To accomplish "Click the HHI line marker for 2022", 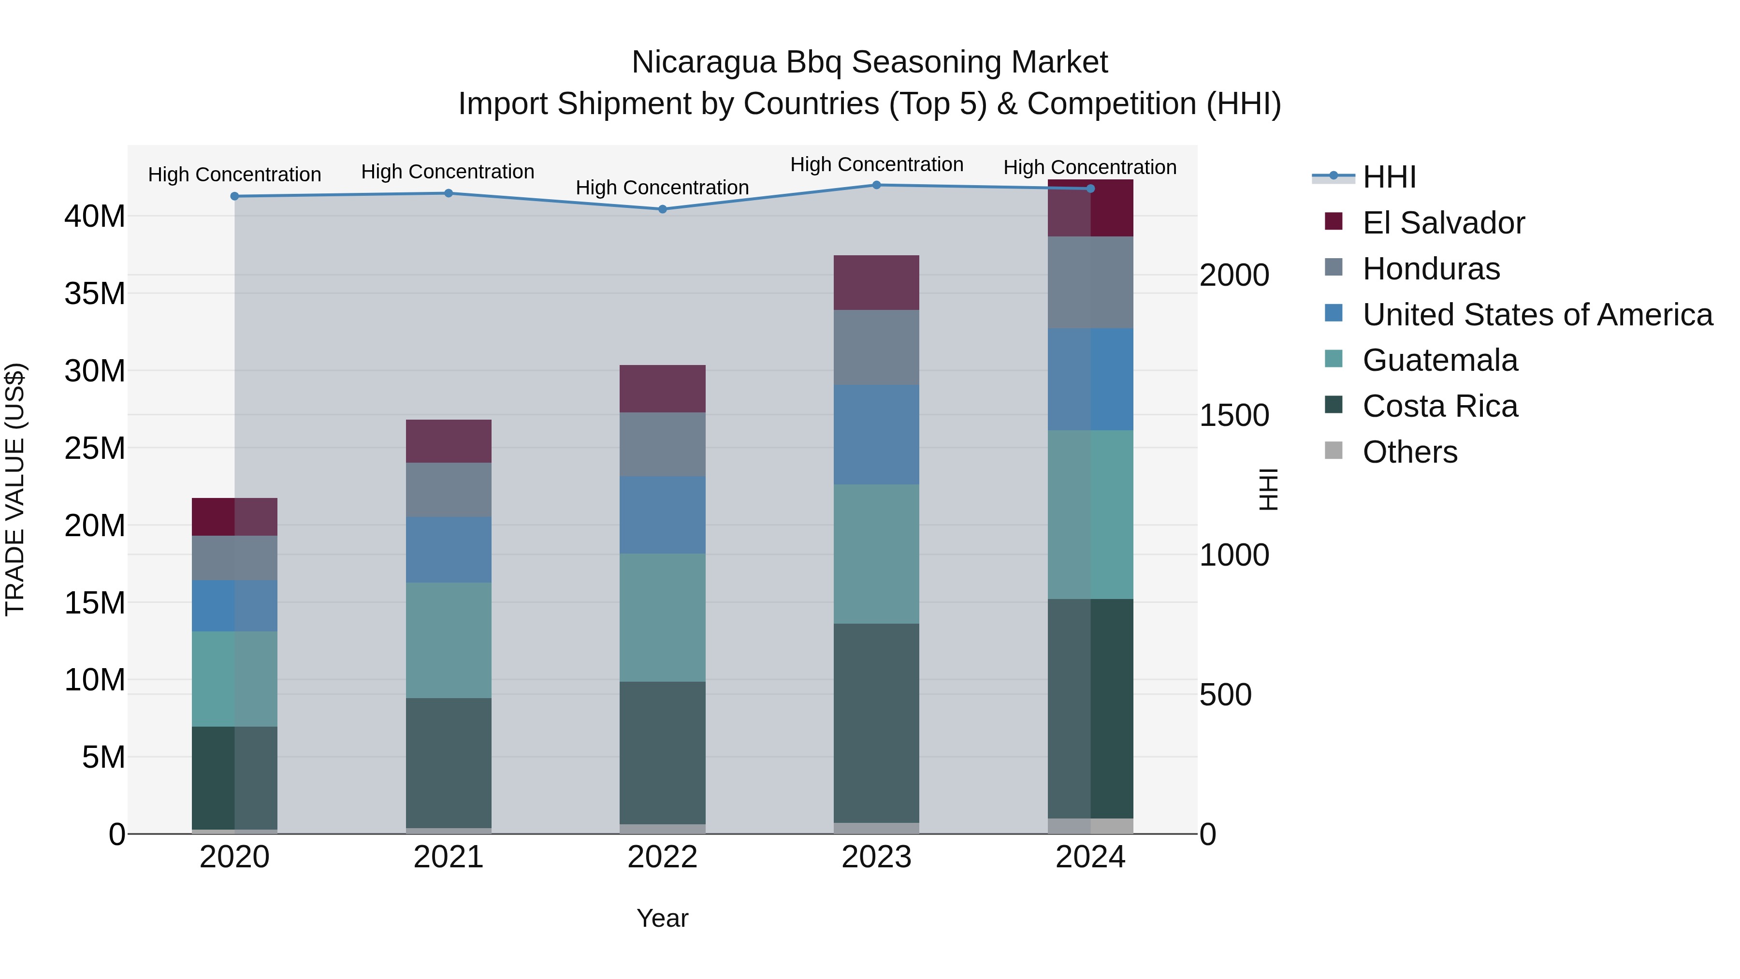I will point(662,209).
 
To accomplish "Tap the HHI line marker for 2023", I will point(876,185).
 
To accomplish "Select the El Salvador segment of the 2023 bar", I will point(876,282).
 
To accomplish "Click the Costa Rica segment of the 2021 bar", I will point(449,763).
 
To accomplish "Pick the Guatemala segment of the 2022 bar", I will point(662,617).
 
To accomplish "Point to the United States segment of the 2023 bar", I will point(876,435).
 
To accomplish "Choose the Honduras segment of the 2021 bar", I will point(449,490).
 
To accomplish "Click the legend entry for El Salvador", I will point(1443,223).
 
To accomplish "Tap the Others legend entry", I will point(1410,452).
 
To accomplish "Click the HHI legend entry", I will point(1389,177).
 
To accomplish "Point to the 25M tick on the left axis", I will point(95,448).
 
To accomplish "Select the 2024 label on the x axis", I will point(1090,857).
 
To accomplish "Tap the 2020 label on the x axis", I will point(234,857).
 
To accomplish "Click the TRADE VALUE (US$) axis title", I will point(15,489).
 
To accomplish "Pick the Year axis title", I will point(662,918).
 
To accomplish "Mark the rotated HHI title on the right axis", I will point(1269,489).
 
